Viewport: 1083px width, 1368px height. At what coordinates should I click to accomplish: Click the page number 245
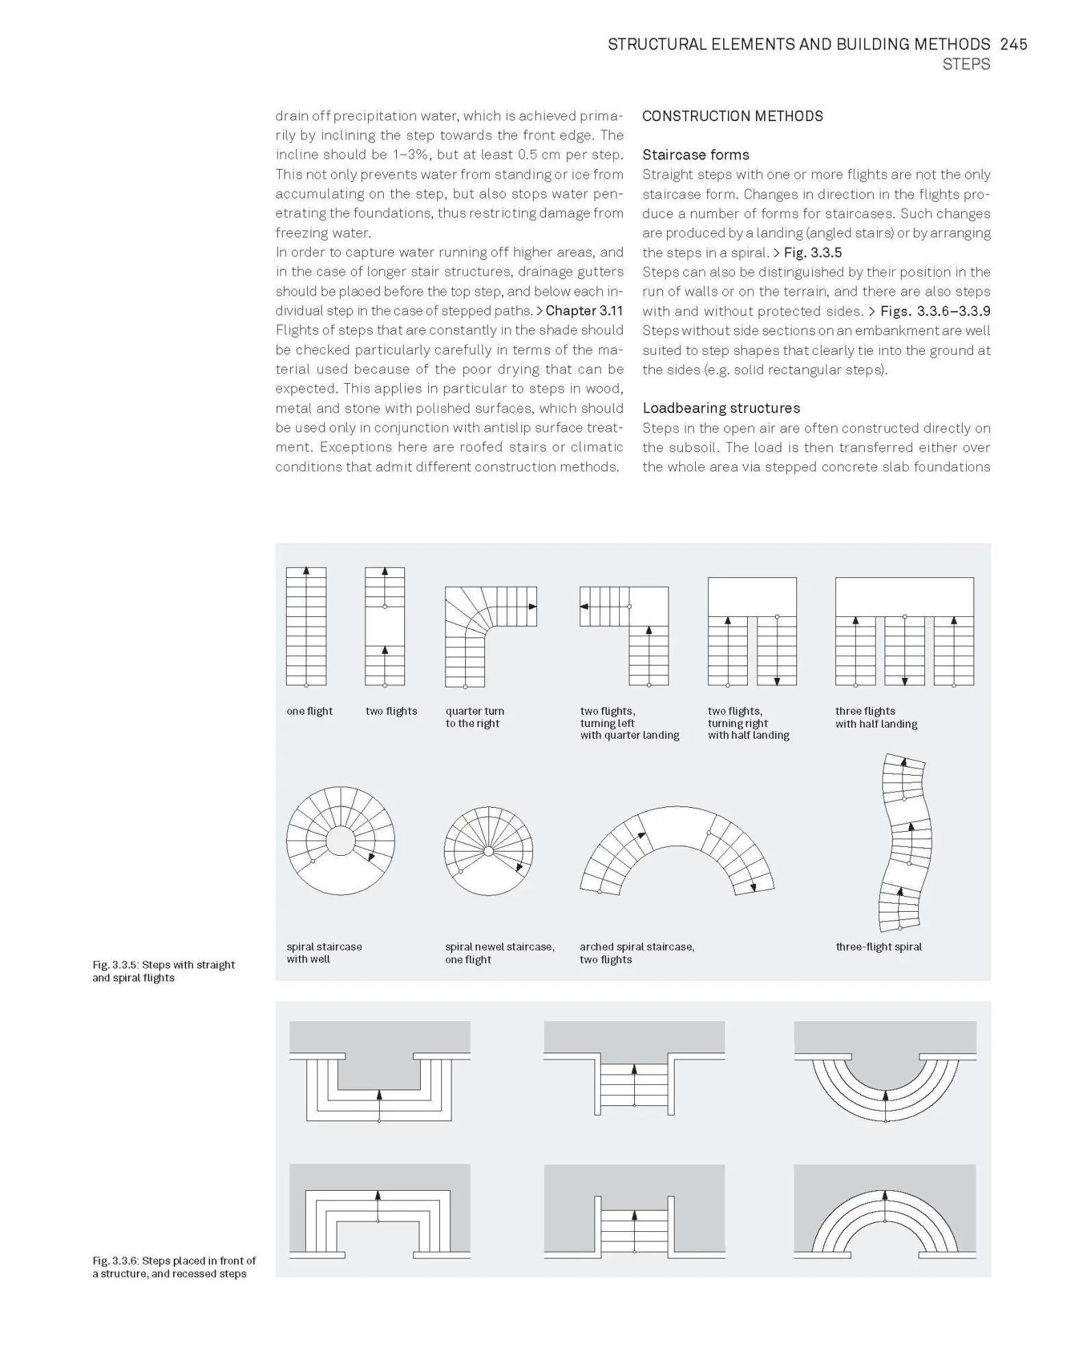[x=1013, y=44]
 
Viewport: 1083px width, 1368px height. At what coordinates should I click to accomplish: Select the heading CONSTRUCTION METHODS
[x=732, y=116]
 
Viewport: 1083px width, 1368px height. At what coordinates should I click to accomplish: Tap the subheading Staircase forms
[x=695, y=155]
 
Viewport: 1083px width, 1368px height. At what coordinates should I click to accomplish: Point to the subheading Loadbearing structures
[x=720, y=408]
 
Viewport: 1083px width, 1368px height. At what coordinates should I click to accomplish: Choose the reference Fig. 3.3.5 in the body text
[x=812, y=252]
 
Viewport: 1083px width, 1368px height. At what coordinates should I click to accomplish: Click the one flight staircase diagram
[x=306, y=626]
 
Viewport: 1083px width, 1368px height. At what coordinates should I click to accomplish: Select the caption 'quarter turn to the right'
[x=474, y=718]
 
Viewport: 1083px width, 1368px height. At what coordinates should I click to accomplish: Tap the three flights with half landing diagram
[x=904, y=631]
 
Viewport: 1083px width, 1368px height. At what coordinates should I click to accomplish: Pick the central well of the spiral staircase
[x=340, y=841]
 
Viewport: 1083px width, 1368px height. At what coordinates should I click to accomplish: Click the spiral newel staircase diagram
[x=488, y=851]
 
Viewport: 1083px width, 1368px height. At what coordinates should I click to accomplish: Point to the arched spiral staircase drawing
[x=677, y=852]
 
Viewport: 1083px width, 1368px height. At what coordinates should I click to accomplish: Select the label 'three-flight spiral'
[x=878, y=947]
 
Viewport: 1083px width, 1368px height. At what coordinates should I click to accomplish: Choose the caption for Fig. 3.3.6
[x=174, y=1267]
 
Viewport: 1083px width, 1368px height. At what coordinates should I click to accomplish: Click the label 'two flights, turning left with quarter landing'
[x=629, y=724]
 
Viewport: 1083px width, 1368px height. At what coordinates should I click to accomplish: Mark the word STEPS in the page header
[x=965, y=64]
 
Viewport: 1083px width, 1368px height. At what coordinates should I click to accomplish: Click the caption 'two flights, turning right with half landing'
[x=748, y=724]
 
